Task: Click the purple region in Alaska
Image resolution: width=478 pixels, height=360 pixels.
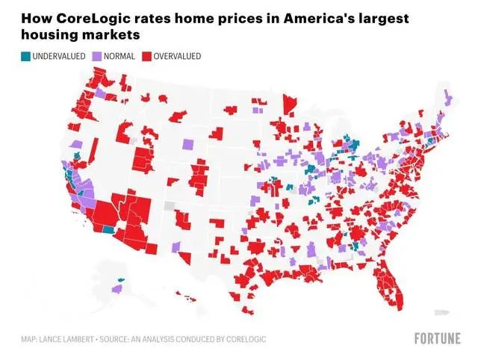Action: click(x=117, y=288)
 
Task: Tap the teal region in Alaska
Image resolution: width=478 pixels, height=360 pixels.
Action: click(x=122, y=279)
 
